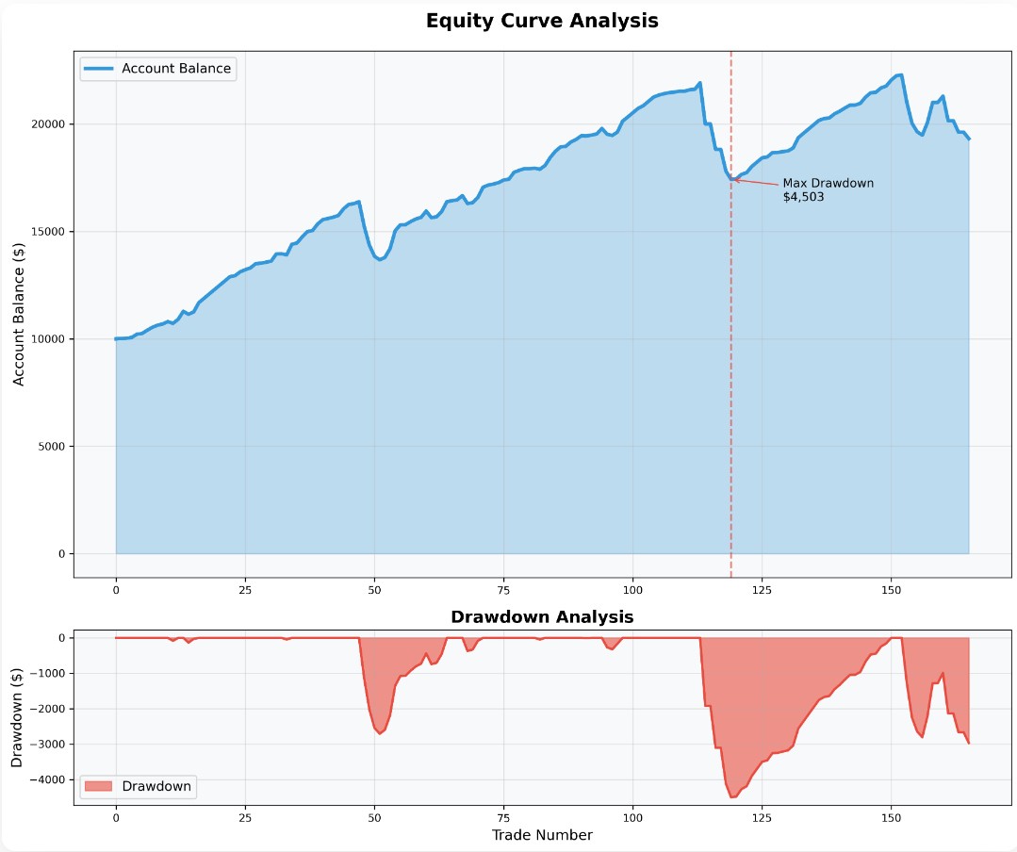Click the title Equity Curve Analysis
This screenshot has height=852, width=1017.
tap(542, 21)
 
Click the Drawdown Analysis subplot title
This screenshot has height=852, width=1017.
tap(542, 617)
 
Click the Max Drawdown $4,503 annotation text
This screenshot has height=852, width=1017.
tap(828, 189)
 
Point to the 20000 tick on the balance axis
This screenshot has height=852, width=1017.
tap(47, 124)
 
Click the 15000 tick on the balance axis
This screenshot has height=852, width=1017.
tap(47, 232)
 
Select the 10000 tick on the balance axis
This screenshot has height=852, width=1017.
tap(47, 339)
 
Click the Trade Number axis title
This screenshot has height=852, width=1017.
tap(542, 835)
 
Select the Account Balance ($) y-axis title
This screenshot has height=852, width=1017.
tap(19, 314)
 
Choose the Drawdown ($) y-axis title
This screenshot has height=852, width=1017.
tap(17, 717)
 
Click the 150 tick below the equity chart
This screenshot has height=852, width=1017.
tap(891, 590)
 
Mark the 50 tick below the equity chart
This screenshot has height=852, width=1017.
tap(374, 590)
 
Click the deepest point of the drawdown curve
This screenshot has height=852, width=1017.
tap(731, 797)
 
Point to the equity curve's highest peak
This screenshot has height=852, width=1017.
tap(900, 75)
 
